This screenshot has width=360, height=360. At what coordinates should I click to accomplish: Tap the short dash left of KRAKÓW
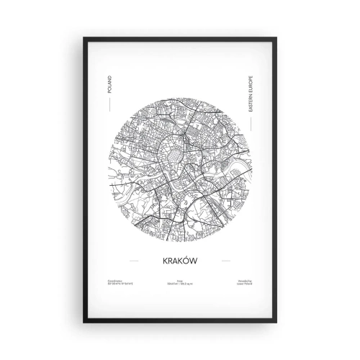pos(132,261)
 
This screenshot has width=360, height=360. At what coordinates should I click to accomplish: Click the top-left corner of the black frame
pos(85,37)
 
